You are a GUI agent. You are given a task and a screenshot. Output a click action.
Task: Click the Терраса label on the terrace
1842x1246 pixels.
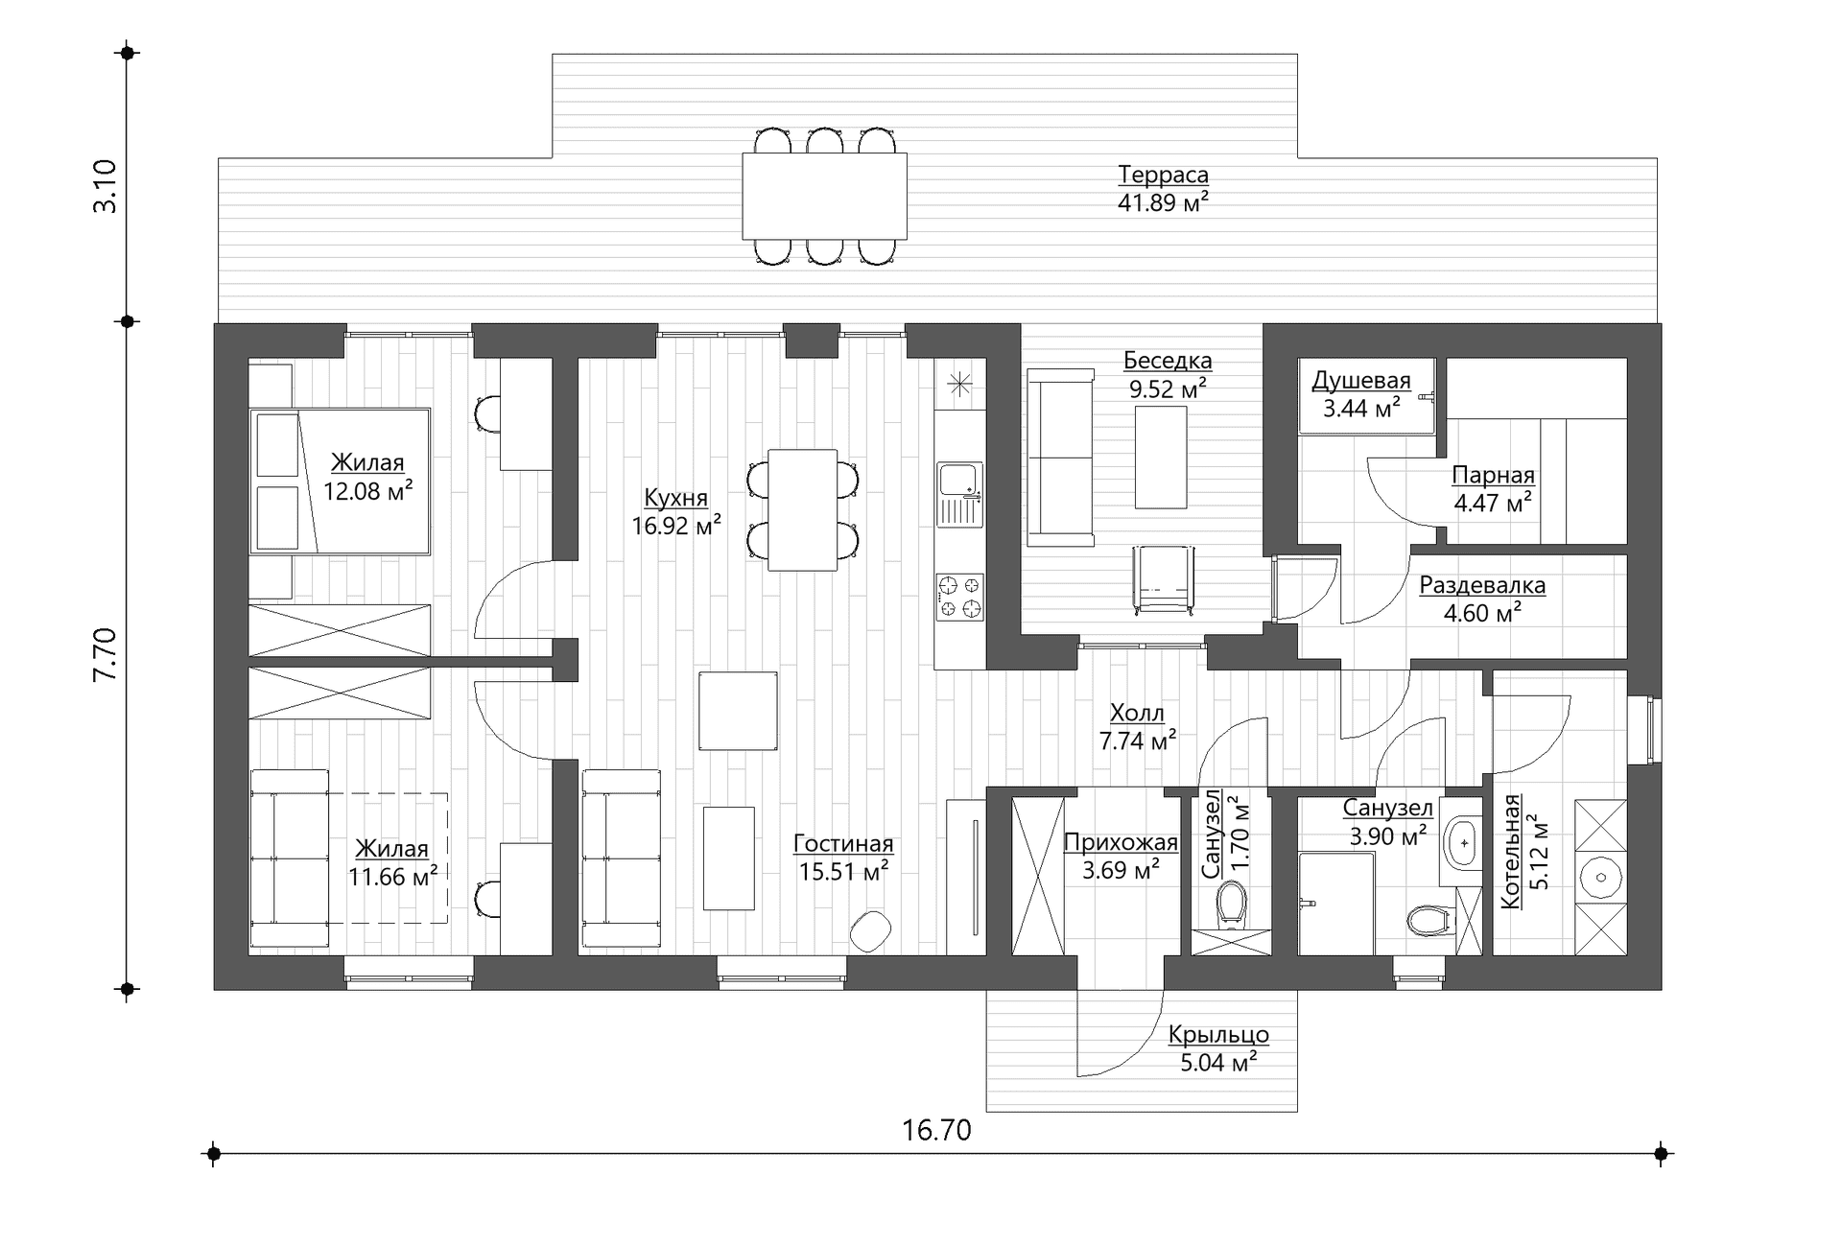tap(1163, 176)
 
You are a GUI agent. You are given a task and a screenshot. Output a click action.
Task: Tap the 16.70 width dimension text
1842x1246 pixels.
tap(936, 1130)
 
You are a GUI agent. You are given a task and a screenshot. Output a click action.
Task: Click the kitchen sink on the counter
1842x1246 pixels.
tap(960, 494)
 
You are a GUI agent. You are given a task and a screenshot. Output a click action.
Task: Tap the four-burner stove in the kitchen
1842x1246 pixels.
tap(960, 597)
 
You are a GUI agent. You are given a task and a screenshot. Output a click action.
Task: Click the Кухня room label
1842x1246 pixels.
tap(675, 498)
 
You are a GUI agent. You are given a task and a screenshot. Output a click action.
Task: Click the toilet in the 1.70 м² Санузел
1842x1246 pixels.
tap(1231, 905)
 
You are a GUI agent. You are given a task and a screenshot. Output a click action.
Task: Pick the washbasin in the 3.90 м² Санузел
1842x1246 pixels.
tap(1462, 843)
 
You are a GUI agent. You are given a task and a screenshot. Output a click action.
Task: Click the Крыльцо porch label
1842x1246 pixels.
tap(1218, 1035)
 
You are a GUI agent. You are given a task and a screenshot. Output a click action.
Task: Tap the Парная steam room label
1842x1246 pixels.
tap(1493, 475)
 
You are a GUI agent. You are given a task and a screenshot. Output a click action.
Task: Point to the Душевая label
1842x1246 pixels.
tap(1361, 381)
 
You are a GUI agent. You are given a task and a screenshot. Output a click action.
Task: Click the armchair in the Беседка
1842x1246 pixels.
tap(1163, 578)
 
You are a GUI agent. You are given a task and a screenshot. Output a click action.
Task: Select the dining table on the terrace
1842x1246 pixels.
tap(824, 196)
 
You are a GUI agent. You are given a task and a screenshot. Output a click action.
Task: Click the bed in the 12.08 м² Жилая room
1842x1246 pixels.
tap(340, 481)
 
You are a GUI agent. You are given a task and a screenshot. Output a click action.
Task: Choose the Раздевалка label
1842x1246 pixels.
tap(1482, 585)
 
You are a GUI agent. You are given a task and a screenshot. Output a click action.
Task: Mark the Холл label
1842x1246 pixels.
tap(1137, 713)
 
